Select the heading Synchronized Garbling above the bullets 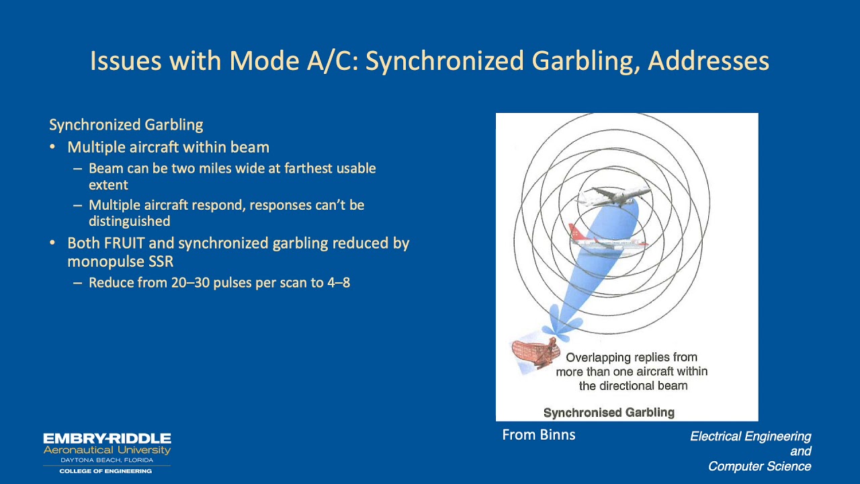click(126, 125)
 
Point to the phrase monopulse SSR click(120, 261)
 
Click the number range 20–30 click(189, 282)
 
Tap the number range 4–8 click(339, 282)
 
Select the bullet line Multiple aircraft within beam click(168, 147)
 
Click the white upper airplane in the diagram click(613, 196)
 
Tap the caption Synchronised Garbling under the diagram click(609, 412)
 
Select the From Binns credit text click(539, 435)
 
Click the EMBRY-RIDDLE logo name click(107, 439)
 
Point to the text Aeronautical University click(107, 450)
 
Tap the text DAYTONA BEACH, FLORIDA click(107, 460)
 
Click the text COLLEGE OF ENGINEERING click(105, 471)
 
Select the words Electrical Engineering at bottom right click(750, 437)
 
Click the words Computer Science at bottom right click(759, 467)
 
